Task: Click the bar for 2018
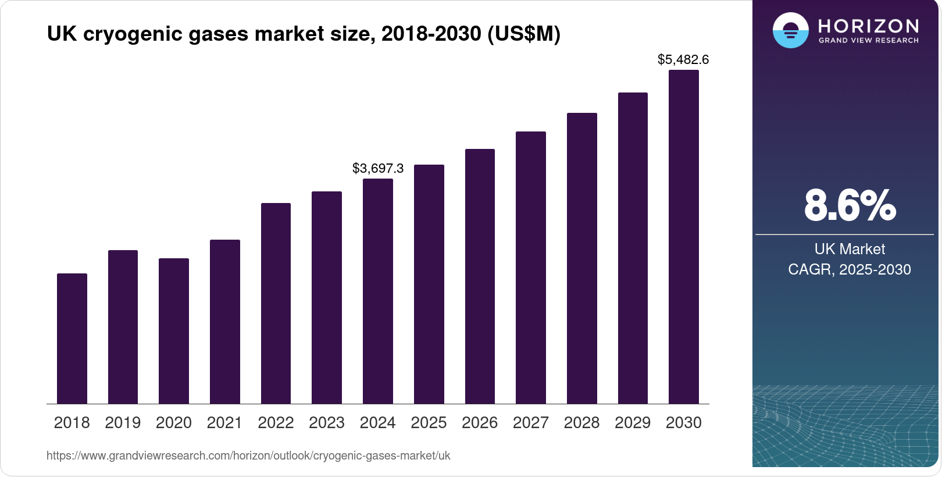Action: tap(72, 339)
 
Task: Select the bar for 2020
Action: tap(174, 331)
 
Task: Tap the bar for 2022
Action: tap(276, 303)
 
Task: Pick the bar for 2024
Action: tap(378, 291)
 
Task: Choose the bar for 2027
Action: tap(531, 268)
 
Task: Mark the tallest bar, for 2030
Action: tap(684, 237)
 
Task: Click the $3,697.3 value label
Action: tap(378, 169)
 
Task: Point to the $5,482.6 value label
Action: tap(683, 59)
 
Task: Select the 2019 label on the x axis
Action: tap(123, 423)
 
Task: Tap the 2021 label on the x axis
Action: tap(224, 423)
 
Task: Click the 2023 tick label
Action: tap(327, 423)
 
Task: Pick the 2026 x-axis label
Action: tap(480, 423)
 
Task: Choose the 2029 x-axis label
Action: tap(633, 423)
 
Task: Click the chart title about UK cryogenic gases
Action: tap(304, 34)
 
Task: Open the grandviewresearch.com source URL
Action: tap(248, 455)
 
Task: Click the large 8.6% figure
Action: tap(850, 205)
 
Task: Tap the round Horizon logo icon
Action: tap(790, 30)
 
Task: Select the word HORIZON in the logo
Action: tap(868, 26)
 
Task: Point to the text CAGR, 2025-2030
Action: tap(850, 269)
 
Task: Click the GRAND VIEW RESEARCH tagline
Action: tap(868, 40)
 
